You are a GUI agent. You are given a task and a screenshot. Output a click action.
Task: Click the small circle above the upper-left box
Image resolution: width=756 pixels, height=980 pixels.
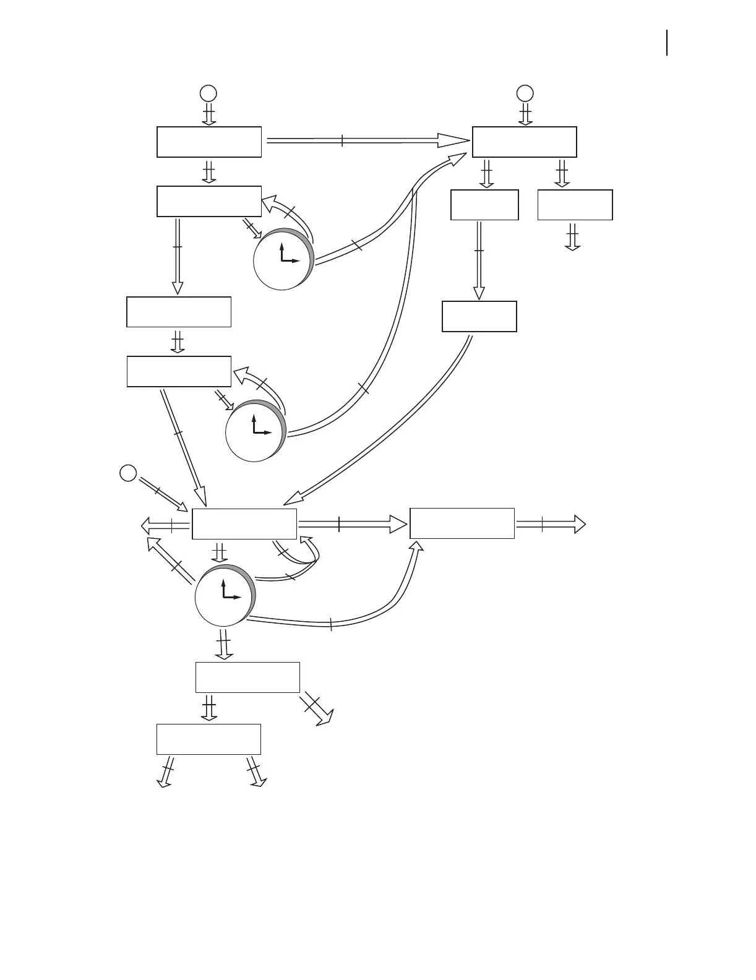pyautogui.click(x=208, y=93)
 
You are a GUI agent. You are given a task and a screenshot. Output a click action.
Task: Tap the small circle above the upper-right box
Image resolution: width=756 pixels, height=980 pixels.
pyautogui.click(x=525, y=93)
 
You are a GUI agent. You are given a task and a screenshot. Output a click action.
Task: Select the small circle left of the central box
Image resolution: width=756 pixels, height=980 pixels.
pyautogui.click(x=127, y=473)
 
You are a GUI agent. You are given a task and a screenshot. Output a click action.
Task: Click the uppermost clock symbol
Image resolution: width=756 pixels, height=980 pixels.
pyautogui.click(x=283, y=260)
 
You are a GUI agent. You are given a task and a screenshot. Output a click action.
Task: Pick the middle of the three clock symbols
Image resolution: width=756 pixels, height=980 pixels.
pyautogui.click(x=255, y=431)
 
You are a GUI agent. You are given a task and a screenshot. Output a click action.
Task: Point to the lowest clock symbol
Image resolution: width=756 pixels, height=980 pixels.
pyautogui.click(x=225, y=596)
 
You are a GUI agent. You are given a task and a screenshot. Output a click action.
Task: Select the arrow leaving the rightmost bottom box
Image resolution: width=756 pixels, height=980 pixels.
pyautogui.click(x=551, y=524)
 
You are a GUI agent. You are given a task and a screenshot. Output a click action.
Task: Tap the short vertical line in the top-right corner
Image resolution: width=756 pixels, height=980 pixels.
pyautogui.click(x=667, y=43)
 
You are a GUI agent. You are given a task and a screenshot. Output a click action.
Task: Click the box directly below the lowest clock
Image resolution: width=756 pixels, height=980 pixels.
pyautogui.click(x=247, y=677)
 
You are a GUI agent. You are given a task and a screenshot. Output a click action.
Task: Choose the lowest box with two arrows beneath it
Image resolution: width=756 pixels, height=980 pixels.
pyautogui.click(x=208, y=739)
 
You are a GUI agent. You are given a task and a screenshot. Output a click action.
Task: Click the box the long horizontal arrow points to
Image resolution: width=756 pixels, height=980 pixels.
pyautogui.click(x=525, y=142)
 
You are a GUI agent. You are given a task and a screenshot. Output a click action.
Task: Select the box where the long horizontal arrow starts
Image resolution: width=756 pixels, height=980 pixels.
pyautogui.click(x=209, y=142)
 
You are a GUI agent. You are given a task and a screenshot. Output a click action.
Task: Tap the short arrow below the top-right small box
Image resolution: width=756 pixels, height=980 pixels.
pyautogui.click(x=572, y=237)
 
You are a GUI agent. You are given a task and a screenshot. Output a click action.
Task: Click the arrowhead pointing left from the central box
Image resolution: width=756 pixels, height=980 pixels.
pyautogui.click(x=148, y=526)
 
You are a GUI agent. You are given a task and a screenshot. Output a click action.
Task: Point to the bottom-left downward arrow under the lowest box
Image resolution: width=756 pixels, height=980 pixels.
pyautogui.click(x=165, y=773)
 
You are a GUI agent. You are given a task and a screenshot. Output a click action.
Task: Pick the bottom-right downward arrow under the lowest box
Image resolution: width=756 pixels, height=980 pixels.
pyautogui.click(x=255, y=773)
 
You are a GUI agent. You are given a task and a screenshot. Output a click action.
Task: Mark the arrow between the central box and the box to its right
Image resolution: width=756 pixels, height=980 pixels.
pyautogui.click(x=353, y=524)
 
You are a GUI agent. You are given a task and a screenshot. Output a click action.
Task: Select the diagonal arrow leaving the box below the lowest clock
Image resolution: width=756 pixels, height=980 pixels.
pyautogui.click(x=317, y=708)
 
